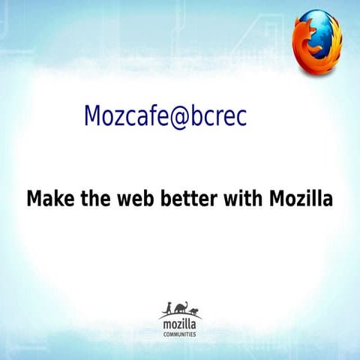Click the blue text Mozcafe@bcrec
click(x=165, y=115)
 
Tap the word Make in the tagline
click(x=49, y=199)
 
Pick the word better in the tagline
click(x=187, y=199)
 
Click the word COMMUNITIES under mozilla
click(x=180, y=334)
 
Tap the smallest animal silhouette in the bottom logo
click(x=193, y=310)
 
